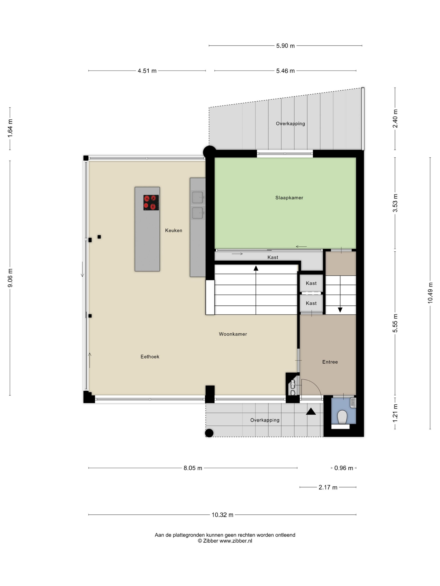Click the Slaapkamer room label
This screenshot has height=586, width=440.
coord(289,198)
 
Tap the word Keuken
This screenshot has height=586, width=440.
coord(173,230)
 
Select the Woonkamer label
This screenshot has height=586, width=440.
coord(233,334)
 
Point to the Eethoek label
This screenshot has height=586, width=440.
coord(150,357)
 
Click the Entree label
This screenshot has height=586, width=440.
coord(330,362)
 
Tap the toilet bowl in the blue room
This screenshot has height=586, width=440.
coord(342,417)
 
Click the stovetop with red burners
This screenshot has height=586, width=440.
coord(151,203)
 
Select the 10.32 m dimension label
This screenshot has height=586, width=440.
coord(222,515)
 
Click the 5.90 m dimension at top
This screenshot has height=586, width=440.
coord(285,46)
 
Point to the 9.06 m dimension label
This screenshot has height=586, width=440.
coord(10,278)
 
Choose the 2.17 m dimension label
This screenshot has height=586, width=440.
coord(328,487)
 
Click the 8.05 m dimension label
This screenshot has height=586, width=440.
coord(193,468)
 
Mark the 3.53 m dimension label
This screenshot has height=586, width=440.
coord(395,203)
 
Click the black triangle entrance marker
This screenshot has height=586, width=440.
coord(311,411)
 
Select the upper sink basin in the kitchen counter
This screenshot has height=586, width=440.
coord(198,197)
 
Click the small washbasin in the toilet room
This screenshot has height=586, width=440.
coord(353,403)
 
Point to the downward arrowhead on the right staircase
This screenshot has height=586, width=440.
coord(340,310)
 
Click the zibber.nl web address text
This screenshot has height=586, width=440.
coord(236,541)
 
